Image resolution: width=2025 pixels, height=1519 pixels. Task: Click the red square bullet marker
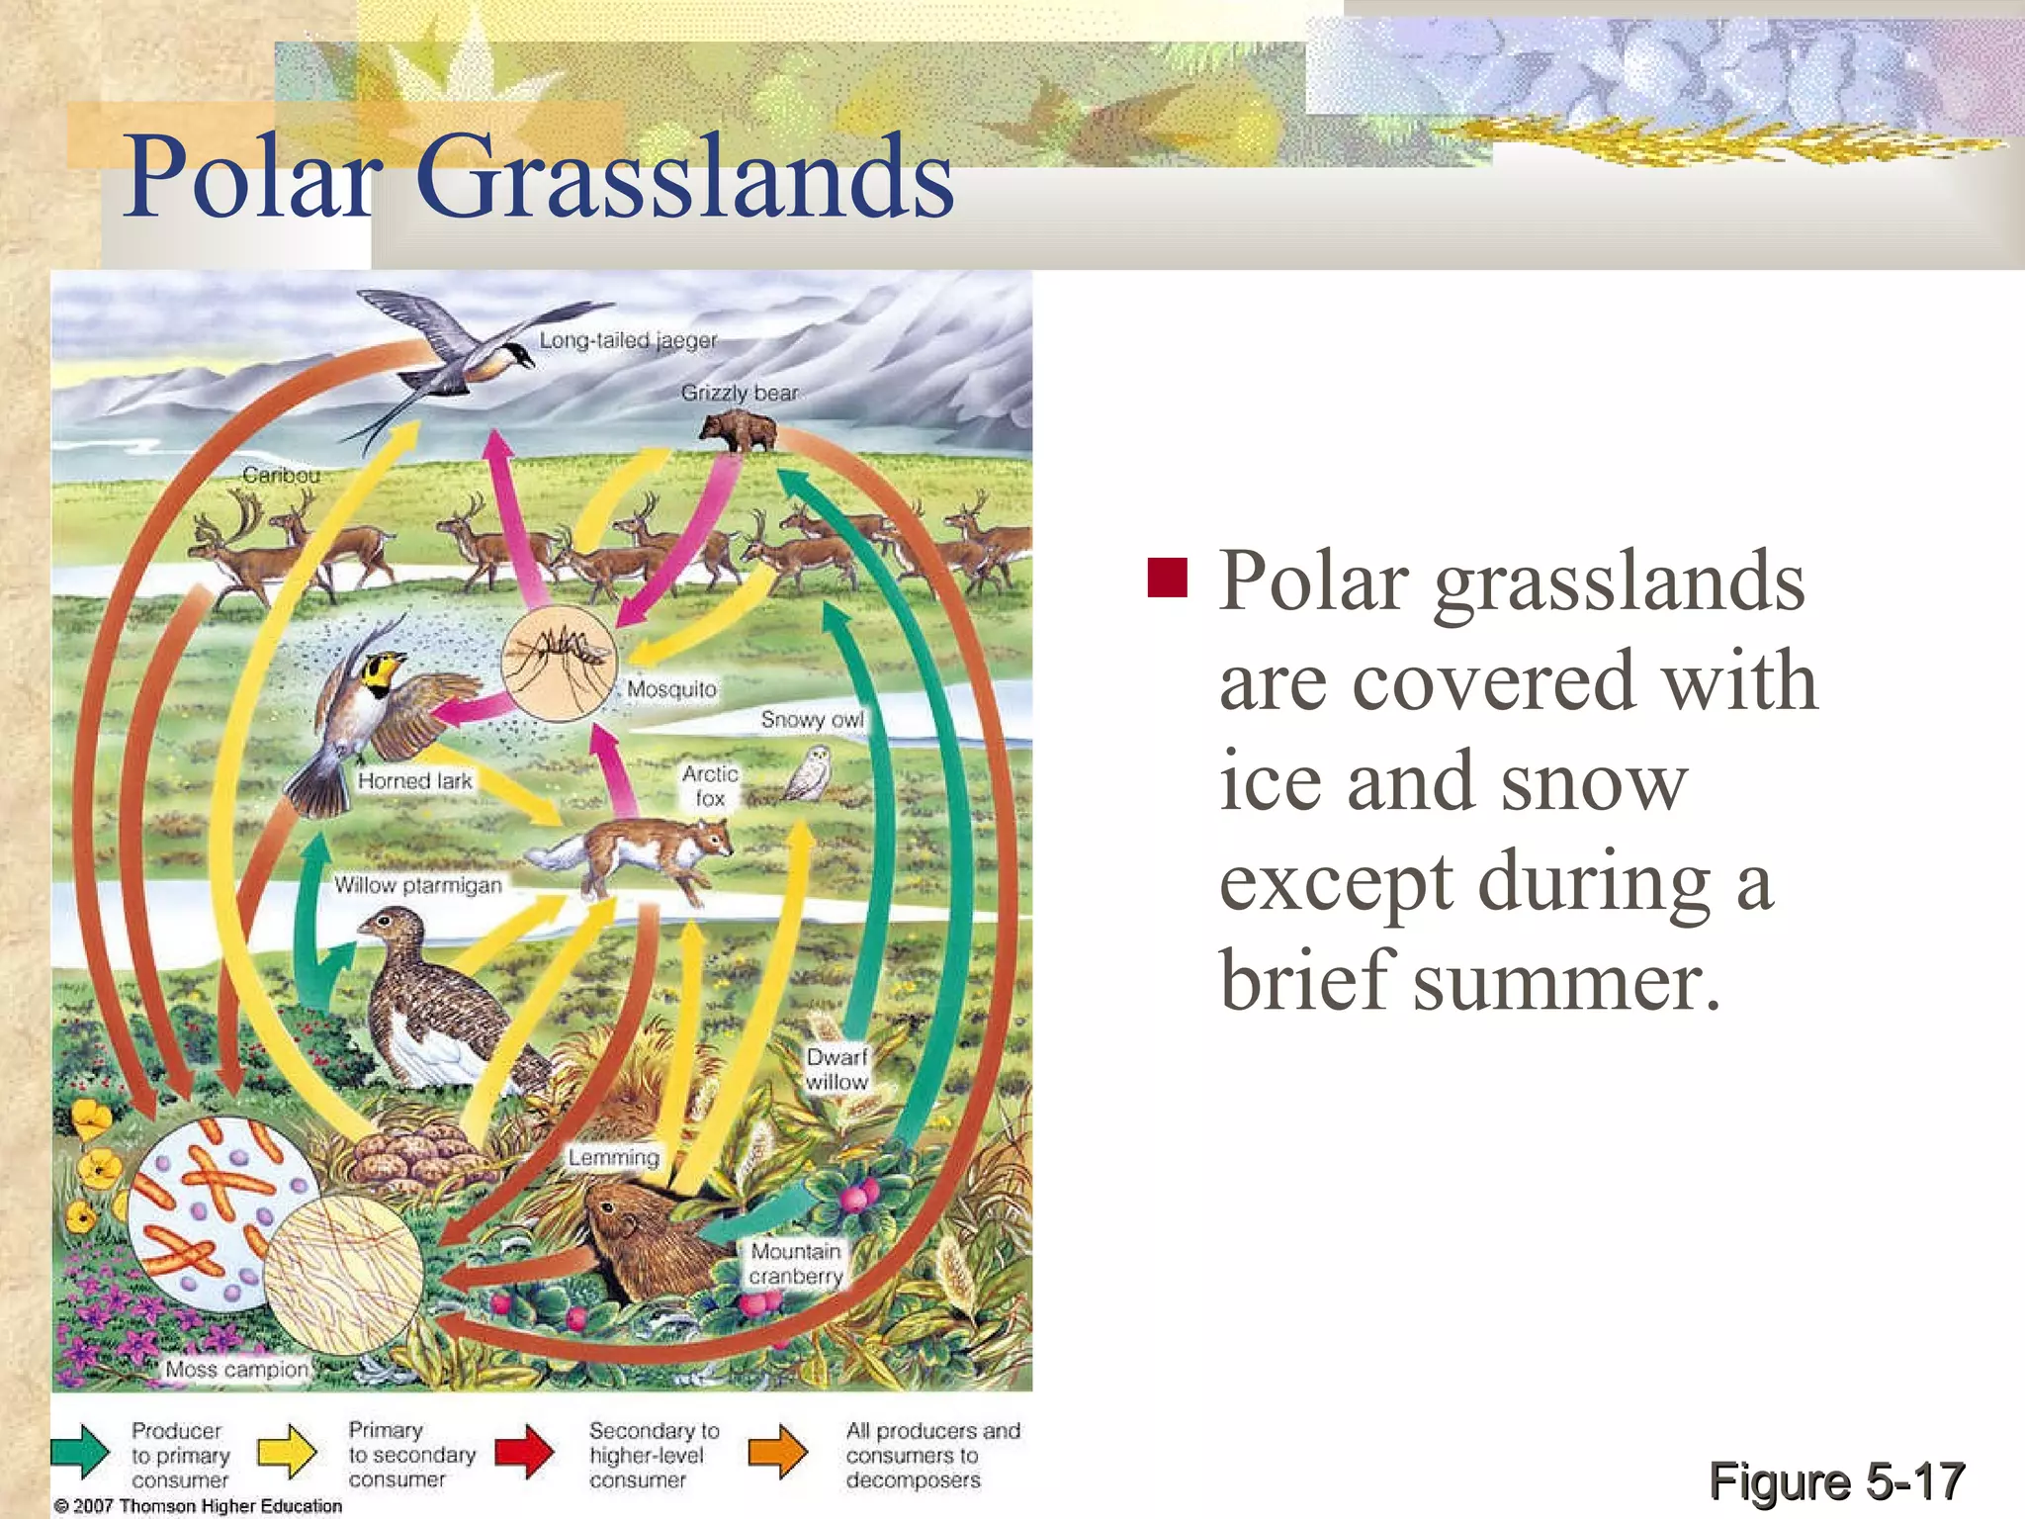point(1167,579)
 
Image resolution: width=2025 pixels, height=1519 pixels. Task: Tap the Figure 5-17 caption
point(1836,1480)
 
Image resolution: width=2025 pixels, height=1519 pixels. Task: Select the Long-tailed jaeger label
point(628,340)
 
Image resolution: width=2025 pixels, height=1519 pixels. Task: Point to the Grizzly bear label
point(739,393)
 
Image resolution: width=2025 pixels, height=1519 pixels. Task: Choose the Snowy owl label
point(812,719)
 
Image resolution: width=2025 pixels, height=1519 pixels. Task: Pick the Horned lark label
point(414,780)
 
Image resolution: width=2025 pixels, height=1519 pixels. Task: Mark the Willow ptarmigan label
point(417,884)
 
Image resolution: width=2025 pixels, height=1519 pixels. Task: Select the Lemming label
point(613,1156)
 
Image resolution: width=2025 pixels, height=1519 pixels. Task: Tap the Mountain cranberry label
point(795,1264)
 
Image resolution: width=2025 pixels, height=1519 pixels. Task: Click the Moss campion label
point(237,1369)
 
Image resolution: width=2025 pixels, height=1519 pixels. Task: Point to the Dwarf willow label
point(836,1069)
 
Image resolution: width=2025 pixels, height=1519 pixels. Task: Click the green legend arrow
point(80,1452)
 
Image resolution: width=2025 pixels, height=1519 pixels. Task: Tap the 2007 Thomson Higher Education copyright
point(198,1505)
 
